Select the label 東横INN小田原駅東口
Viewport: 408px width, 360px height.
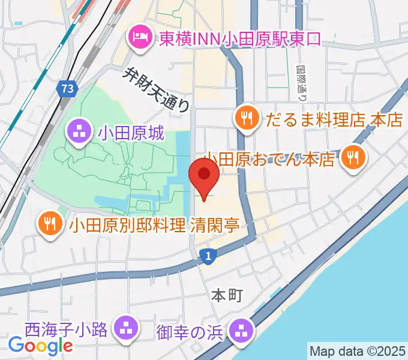(240, 38)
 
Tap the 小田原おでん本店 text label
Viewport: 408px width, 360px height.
(269, 160)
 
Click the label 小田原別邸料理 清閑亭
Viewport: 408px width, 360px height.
(154, 225)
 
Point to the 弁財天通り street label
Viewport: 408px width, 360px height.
(157, 90)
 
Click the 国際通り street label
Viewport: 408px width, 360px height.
(302, 83)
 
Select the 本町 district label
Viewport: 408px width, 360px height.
(226, 295)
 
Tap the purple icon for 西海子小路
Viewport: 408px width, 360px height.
(125, 328)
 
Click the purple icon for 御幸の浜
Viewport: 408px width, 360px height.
(242, 329)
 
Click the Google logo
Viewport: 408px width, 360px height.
(41, 345)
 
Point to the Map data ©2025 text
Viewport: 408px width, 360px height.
(357, 350)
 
